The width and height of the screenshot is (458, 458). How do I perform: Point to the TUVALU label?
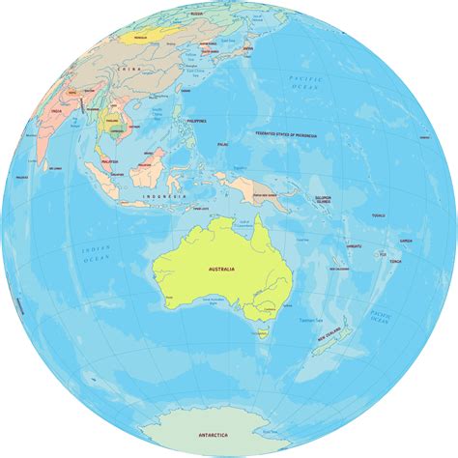[378, 215]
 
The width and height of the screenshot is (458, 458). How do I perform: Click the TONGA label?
[395, 262]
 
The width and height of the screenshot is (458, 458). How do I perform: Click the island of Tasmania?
[262, 334]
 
